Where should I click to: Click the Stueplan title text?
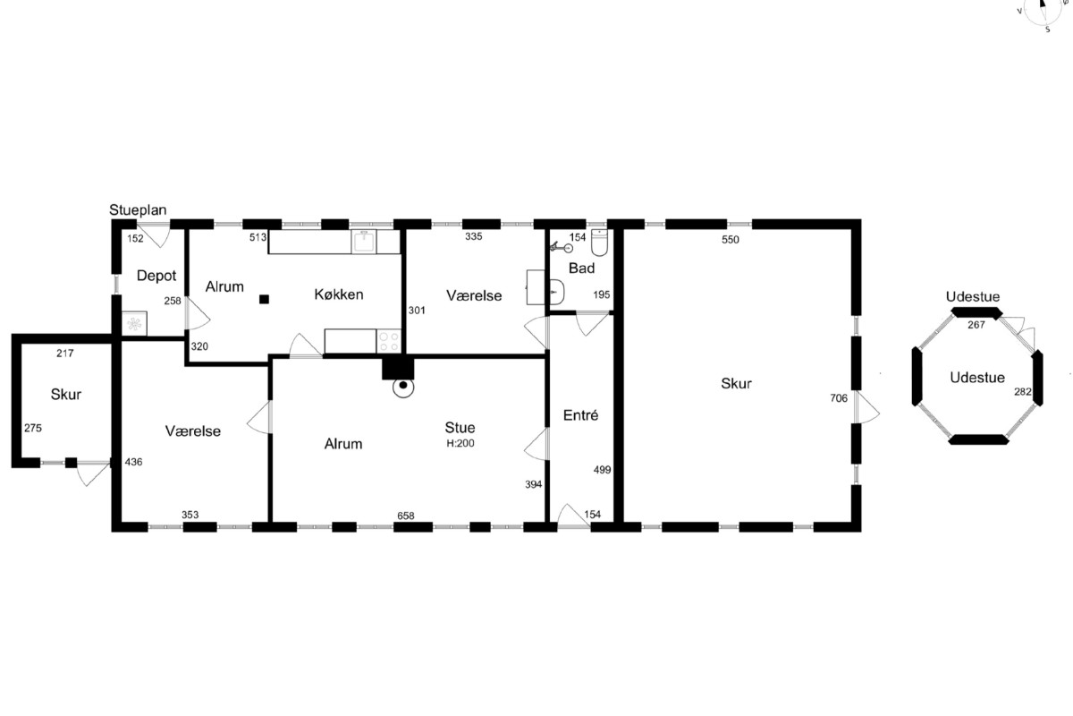(138, 210)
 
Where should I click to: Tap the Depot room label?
(156, 276)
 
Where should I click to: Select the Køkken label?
(339, 294)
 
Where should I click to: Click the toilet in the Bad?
(599, 243)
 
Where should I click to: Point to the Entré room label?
(580, 414)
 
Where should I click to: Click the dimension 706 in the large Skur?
(839, 397)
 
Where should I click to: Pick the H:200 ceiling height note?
(460, 443)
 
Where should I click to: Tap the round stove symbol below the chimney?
(403, 386)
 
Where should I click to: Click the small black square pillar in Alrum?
(264, 299)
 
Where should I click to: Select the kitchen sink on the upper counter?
(364, 242)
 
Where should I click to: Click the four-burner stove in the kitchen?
(388, 341)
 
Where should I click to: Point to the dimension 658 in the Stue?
(406, 516)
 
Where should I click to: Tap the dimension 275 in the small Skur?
(33, 428)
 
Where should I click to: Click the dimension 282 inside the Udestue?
(1023, 391)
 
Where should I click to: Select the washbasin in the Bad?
(556, 291)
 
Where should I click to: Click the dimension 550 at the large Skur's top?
(731, 240)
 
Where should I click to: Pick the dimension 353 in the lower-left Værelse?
(190, 515)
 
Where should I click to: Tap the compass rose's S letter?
(1048, 30)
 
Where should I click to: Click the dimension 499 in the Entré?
(602, 470)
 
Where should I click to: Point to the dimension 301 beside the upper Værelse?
(417, 311)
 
